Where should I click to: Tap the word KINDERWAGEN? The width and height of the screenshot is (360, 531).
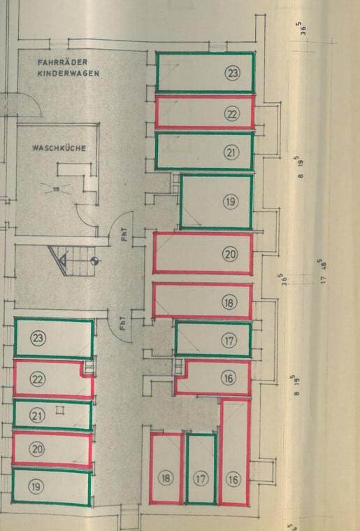pos(69,73)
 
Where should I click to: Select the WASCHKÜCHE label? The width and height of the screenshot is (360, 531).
pos(59,148)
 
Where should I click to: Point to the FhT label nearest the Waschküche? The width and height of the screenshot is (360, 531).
pos(124,234)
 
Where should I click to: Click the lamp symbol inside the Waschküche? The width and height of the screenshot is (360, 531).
pos(57,189)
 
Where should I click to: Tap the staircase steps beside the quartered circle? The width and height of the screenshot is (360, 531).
pos(73,261)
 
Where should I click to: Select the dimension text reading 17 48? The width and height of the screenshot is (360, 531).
pos(323,271)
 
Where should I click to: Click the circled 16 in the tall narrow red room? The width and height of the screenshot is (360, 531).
pos(233,479)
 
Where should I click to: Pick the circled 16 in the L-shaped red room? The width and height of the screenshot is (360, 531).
pos(229,378)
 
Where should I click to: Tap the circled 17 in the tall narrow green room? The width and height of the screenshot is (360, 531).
pos(201,479)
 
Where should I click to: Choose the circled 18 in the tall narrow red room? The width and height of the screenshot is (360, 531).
pos(166,478)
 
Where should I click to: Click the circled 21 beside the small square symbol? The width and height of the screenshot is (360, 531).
pos(37,415)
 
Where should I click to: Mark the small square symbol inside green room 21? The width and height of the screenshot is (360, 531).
pos(60,411)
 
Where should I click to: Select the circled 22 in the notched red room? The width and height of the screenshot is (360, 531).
pos(38,379)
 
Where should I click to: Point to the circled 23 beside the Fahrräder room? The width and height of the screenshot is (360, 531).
pos(233,73)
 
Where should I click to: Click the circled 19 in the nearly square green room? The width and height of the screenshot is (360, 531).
pos(231,201)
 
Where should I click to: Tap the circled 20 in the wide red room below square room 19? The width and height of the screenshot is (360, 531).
pos(230,255)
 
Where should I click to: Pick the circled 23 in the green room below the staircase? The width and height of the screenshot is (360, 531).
pos(38,338)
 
